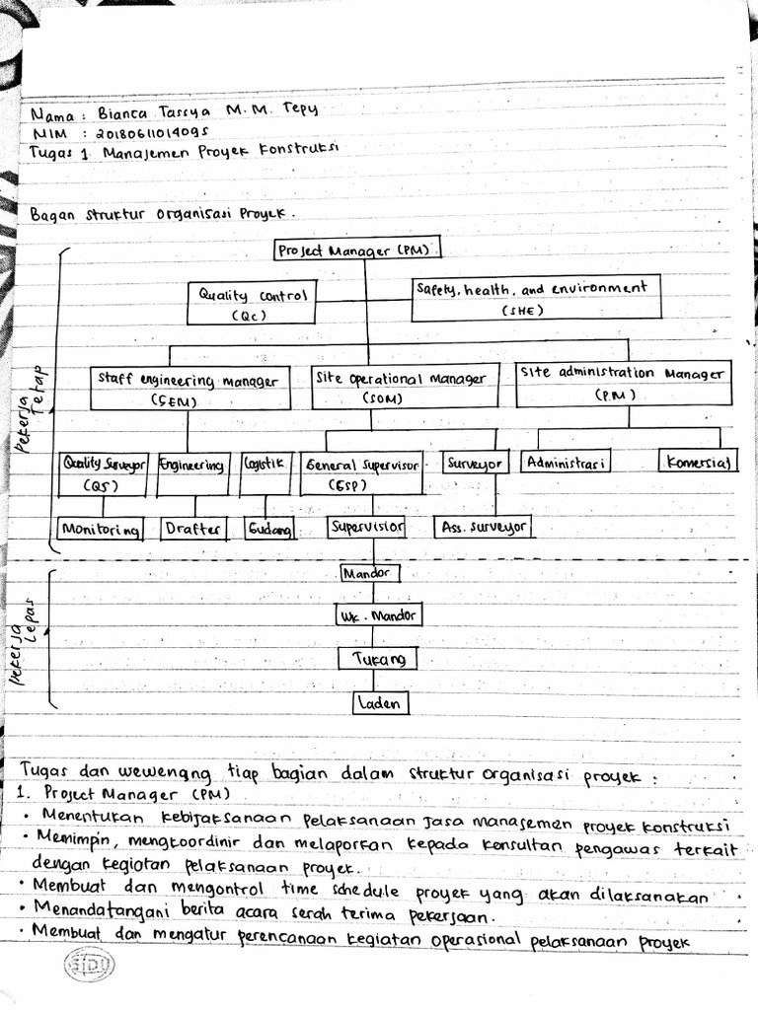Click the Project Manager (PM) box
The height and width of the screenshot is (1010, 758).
coord(357,251)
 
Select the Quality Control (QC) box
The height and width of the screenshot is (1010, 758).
coord(252,304)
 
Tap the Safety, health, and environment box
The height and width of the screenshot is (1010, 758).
coord(535,297)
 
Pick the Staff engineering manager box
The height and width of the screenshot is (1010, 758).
coord(189,389)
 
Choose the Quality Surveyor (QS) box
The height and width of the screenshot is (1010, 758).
coord(104,471)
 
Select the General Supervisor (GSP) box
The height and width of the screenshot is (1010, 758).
coord(362,472)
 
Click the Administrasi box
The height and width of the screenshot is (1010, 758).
coord(567,462)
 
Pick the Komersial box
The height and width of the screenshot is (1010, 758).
coord(697,462)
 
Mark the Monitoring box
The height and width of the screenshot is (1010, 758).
coord(100,529)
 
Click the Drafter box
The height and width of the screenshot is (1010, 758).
coord(193,529)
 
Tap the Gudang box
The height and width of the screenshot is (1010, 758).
coord(270,530)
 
